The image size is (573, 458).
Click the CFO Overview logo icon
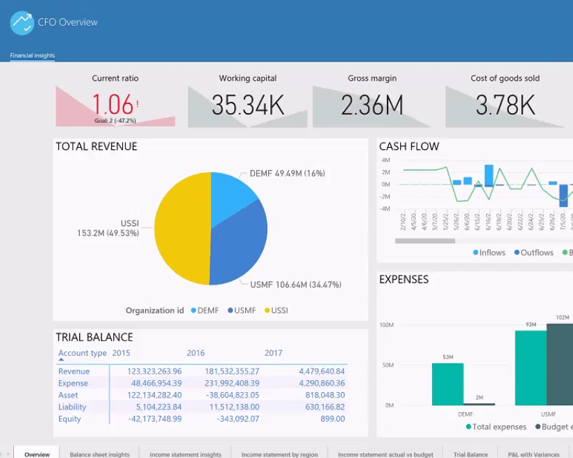tap(22, 23)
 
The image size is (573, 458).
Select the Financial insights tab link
tap(32, 56)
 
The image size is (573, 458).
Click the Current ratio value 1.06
tap(113, 105)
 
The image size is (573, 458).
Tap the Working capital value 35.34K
tap(248, 105)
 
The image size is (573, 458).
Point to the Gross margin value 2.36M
tap(372, 105)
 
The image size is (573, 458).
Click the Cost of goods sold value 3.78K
tap(505, 105)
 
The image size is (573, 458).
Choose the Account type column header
tap(82, 353)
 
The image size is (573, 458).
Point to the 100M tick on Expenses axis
tap(387, 325)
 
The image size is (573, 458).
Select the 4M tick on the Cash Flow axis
tap(385, 160)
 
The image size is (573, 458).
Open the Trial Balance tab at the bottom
tap(471, 455)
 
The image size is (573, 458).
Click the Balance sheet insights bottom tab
tap(99, 455)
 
